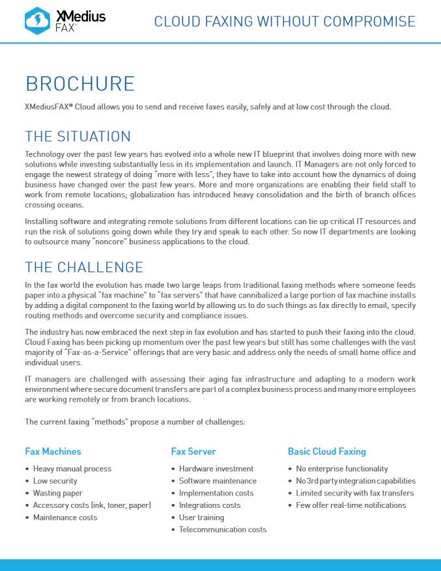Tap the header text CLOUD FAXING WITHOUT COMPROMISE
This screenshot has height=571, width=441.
coord(284,21)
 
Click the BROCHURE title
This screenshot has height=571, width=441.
coord(79,83)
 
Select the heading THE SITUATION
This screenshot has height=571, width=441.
coord(78,136)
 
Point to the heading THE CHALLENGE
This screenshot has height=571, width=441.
coord(83,267)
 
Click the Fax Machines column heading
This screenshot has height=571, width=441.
coord(53,451)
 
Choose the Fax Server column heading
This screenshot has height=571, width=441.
coord(193,451)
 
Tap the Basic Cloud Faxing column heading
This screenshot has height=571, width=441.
coord(326,451)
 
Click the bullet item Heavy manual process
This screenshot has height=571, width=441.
coord(72,469)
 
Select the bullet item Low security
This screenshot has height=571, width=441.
coord(55,481)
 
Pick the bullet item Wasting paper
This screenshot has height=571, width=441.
coord(57,494)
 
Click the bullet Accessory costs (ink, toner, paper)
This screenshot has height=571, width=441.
coord(92,505)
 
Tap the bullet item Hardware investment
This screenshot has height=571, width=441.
coord(216,469)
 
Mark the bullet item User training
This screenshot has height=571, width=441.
coord(201,518)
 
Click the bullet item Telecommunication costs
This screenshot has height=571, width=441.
coord(222,529)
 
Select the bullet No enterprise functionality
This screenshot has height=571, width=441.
coord(341,469)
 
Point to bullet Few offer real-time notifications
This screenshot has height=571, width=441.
coord(350,505)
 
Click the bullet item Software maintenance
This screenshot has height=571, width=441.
coord(218,481)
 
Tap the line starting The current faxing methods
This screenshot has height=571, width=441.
coord(135,422)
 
